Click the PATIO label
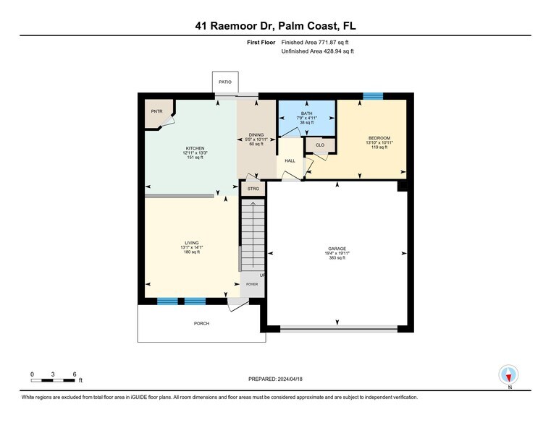[225, 82]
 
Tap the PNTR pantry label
[156, 111]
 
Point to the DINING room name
[257, 134]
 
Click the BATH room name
[307, 113]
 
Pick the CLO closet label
[319, 145]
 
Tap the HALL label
[290, 160]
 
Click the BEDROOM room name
[379, 138]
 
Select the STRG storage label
[253, 189]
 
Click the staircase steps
[253, 235]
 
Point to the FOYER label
[251, 284]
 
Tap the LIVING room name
[191, 243]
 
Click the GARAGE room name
[337, 248]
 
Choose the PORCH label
[201, 323]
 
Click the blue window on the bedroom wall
[373, 96]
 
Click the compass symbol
[510, 374]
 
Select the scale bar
[54, 379]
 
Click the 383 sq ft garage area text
[337, 258]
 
